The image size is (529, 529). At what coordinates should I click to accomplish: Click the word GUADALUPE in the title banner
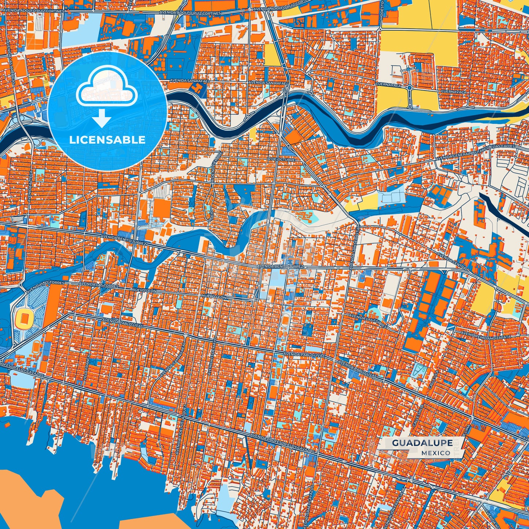pos(422,443)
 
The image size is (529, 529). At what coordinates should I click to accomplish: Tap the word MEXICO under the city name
pos(436,453)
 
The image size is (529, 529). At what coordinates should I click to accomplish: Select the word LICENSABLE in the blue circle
pos(107,140)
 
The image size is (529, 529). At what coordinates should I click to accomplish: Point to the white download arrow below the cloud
pos(102,118)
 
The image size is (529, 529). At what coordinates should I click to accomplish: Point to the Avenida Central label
pos(452,261)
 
